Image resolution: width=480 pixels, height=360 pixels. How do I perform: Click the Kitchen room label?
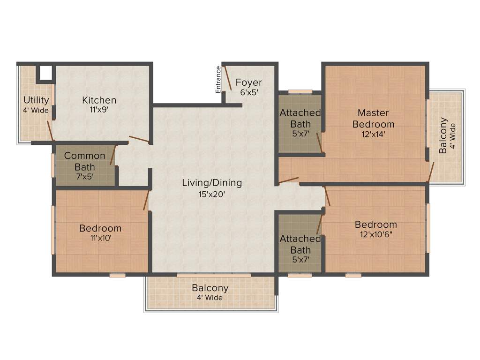pos(99,100)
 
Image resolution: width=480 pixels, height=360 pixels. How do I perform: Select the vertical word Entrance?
pos(218,79)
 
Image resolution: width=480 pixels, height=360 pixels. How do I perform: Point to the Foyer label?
pos(248,82)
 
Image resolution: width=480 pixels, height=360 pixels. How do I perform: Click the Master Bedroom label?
pos(373,118)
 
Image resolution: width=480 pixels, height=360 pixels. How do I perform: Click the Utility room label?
pos(36,100)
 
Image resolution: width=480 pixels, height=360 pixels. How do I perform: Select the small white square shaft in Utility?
pos(45,73)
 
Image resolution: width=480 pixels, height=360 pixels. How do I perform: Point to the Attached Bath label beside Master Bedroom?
pos(300,118)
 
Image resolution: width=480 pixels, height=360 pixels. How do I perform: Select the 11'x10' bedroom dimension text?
pos(100,238)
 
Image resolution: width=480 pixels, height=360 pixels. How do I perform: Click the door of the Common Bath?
pos(113,155)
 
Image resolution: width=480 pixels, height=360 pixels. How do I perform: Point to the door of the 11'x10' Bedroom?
pos(146,200)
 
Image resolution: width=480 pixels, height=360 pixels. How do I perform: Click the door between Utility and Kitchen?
pos(50,131)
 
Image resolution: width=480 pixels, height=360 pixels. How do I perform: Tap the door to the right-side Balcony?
pos(431,172)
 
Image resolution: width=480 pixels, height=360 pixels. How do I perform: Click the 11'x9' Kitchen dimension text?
pos(99,110)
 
